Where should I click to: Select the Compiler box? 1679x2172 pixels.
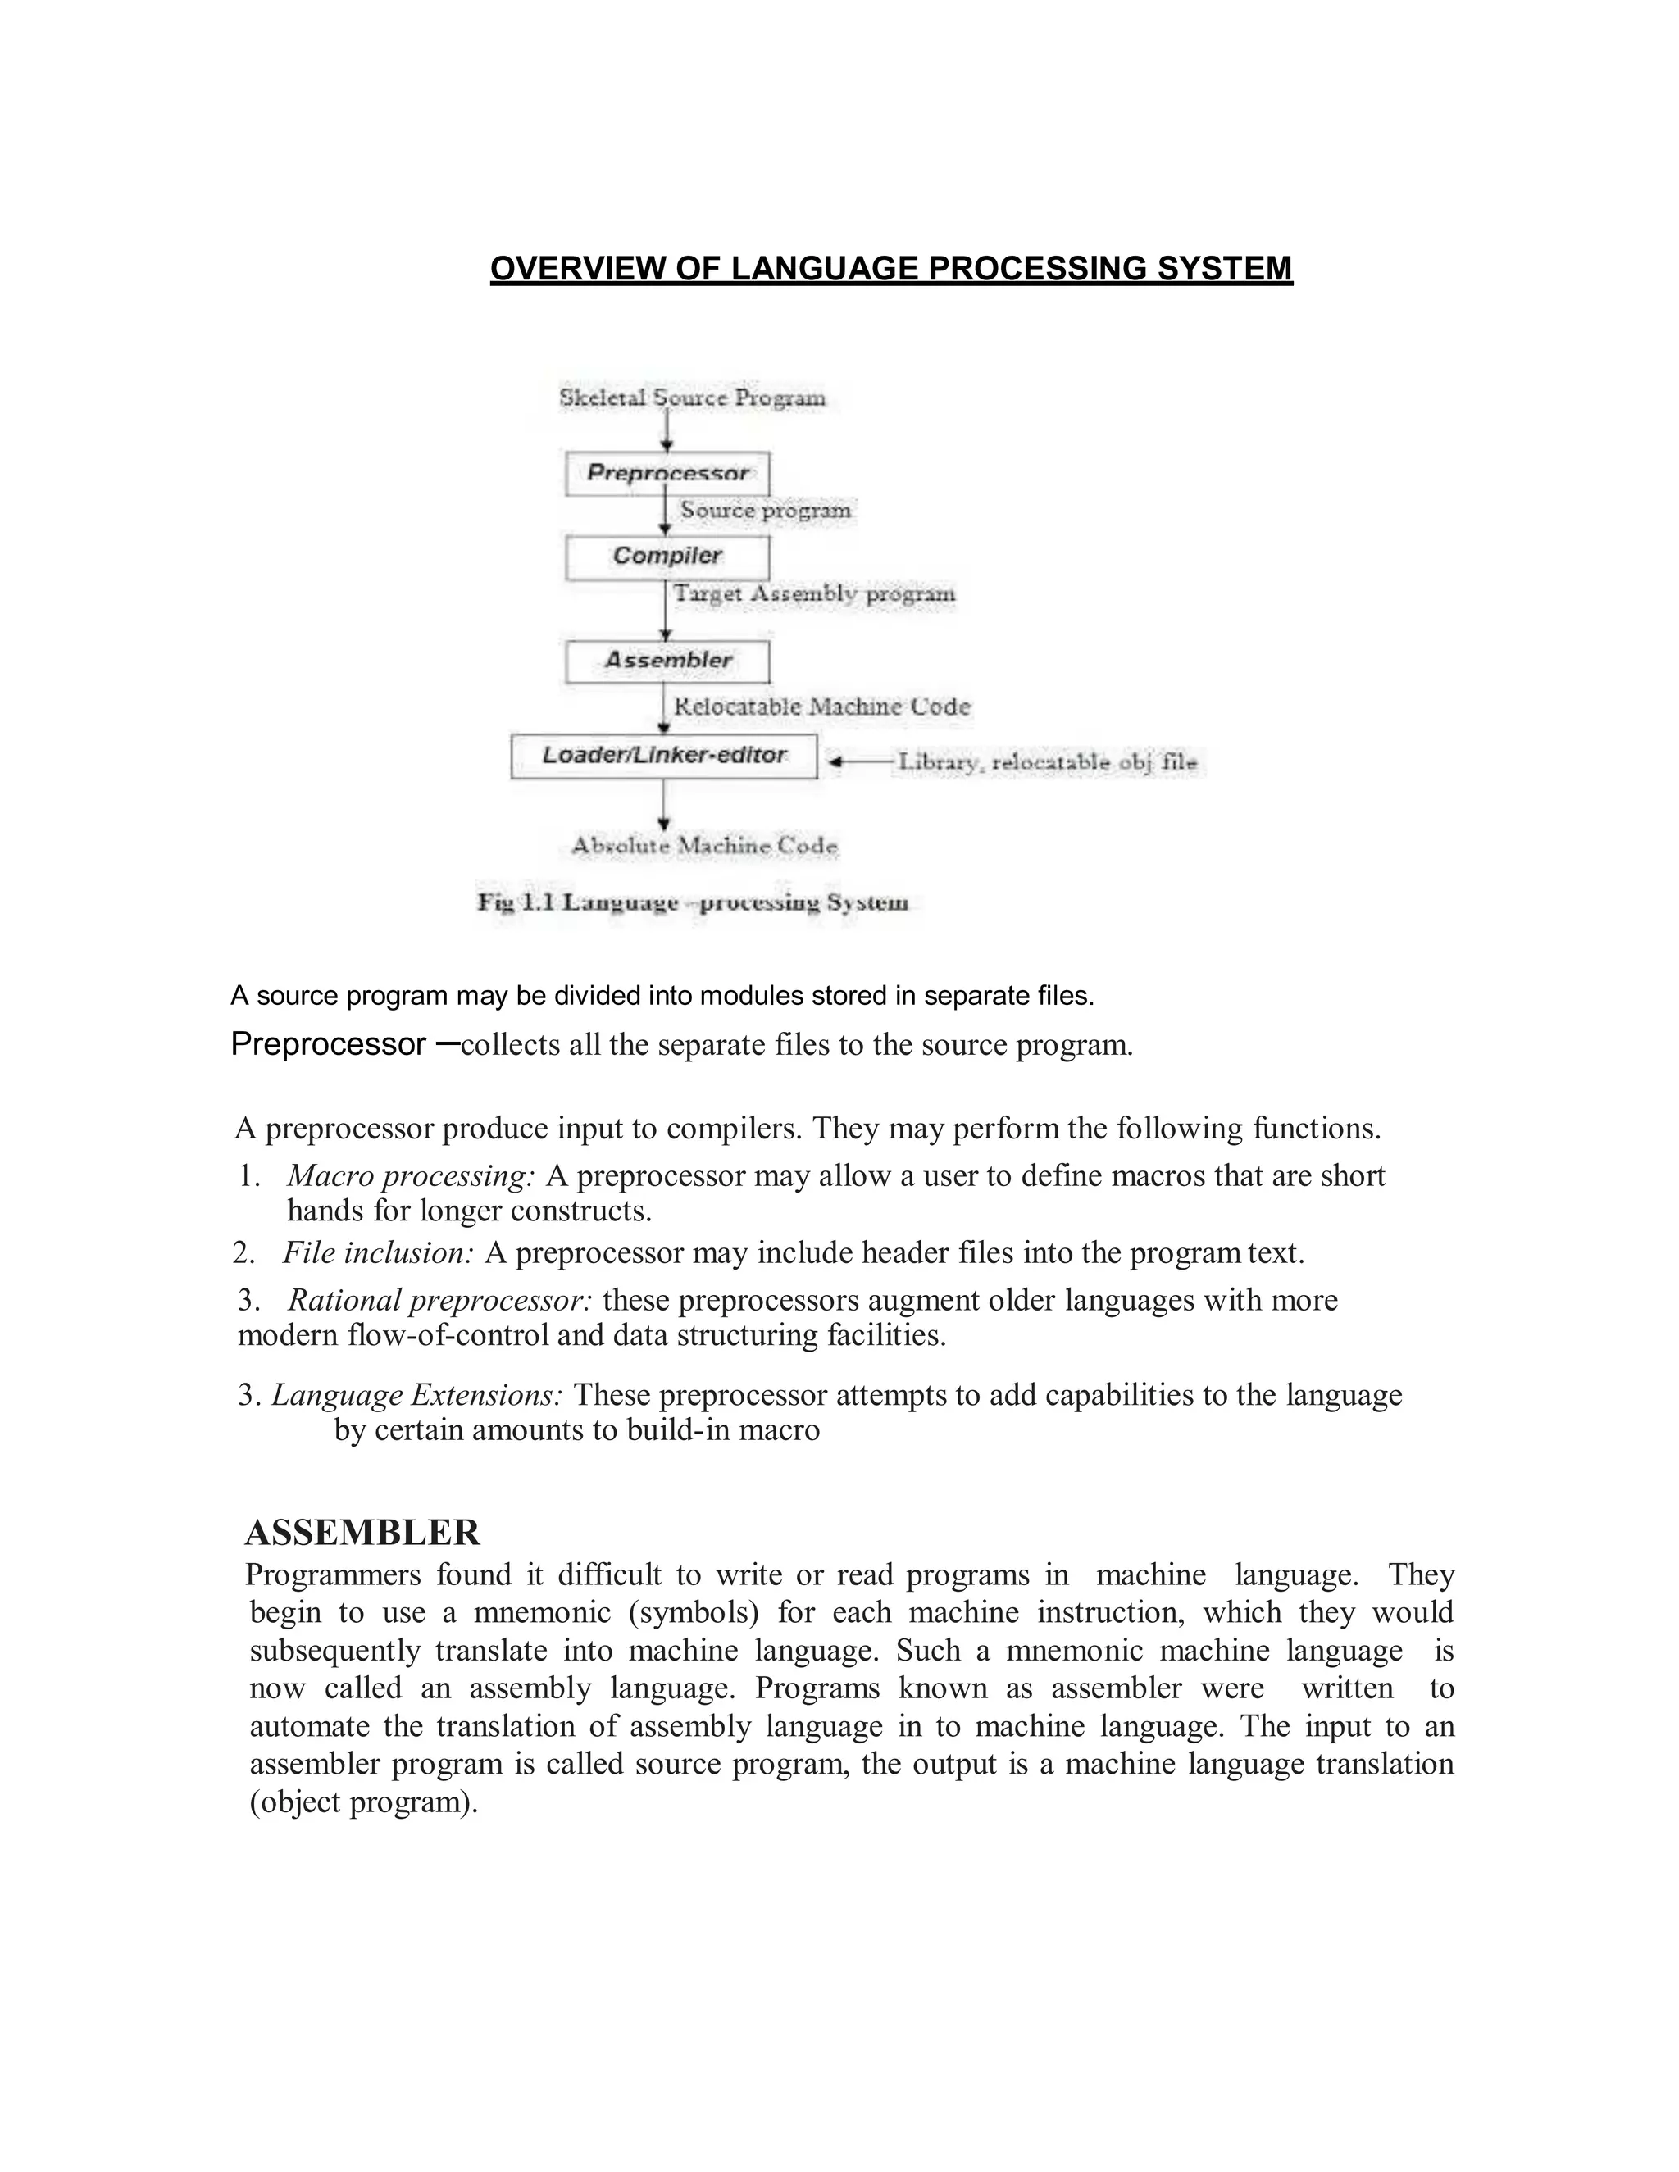coord(667,556)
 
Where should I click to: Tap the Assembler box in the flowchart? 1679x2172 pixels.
coord(667,661)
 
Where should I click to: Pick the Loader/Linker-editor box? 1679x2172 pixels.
coord(663,756)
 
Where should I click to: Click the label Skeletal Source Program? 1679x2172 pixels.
coord(692,398)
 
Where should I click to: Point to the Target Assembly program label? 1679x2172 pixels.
coord(813,593)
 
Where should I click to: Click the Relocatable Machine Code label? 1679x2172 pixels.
coord(821,707)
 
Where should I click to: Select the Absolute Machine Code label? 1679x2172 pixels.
coord(704,847)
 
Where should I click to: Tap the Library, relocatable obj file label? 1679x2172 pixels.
coord(1048,763)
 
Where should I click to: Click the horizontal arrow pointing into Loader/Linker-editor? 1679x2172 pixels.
coord(862,761)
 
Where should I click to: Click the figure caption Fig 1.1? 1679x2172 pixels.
coord(692,903)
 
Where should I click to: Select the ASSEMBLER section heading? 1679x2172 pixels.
coord(362,1533)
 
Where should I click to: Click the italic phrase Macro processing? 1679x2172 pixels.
coord(411,1176)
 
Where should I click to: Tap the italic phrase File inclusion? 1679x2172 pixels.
coord(378,1253)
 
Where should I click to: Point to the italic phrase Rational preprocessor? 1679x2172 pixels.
coord(439,1301)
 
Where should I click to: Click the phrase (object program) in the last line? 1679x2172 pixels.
coord(363,1802)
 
